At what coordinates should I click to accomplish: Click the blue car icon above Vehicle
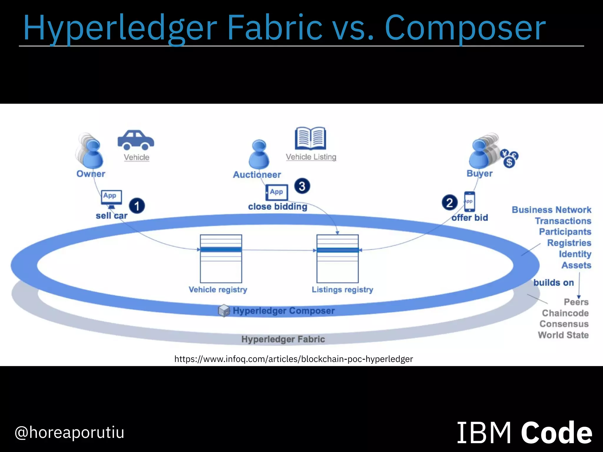click(136, 140)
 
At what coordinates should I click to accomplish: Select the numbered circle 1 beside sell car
click(137, 206)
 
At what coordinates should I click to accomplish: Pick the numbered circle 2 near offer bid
click(450, 202)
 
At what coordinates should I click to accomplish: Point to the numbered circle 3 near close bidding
click(302, 186)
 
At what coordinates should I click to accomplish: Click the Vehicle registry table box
click(221, 258)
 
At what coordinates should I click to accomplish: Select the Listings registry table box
click(337, 258)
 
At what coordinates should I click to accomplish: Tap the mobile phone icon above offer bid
click(469, 202)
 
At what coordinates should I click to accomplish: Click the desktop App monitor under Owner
click(111, 197)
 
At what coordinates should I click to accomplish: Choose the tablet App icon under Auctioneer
click(276, 192)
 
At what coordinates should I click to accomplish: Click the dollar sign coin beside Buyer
click(509, 162)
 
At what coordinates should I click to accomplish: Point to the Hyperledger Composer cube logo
click(224, 311)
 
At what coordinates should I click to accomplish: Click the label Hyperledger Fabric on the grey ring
click(283, 339)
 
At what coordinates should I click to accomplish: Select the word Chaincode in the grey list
click(565, 313)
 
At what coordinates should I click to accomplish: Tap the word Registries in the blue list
click(569, 243)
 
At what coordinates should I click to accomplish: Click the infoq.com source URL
click(294, 359)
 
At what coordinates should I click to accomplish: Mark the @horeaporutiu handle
click(69, 433)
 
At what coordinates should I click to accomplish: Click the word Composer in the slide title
click(465, 28)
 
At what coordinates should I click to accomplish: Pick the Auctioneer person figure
click(259, 154)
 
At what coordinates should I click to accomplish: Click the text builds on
click(554, 283)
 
